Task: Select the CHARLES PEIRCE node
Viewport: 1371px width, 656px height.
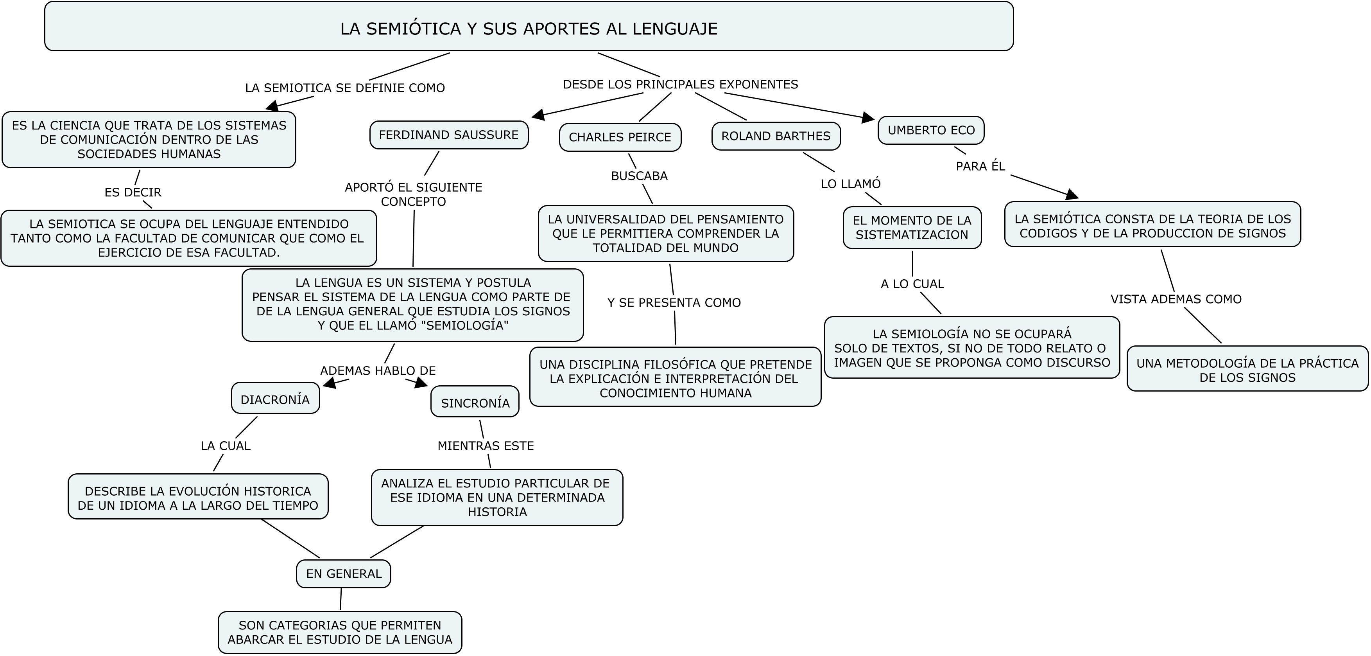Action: [x=620, y=137]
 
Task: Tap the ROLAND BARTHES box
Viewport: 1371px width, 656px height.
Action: [x=776, y=136]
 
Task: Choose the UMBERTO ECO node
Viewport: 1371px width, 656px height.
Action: [x=931, y=130]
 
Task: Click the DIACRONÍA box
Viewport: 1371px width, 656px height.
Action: [x=275, y=400]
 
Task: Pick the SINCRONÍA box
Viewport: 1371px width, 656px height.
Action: [x=475, y=403]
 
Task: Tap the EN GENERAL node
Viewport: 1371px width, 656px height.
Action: [x=343, y=573]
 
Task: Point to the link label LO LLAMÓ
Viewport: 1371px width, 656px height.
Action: [x=851, y=184]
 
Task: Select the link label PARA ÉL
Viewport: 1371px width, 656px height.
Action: [x=980, y=167]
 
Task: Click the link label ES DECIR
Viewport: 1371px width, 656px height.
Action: [x=133, y=192]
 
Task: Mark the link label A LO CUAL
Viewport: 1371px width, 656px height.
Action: [x=912, y=284]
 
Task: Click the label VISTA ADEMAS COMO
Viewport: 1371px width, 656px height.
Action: [x=1176, y=299]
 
